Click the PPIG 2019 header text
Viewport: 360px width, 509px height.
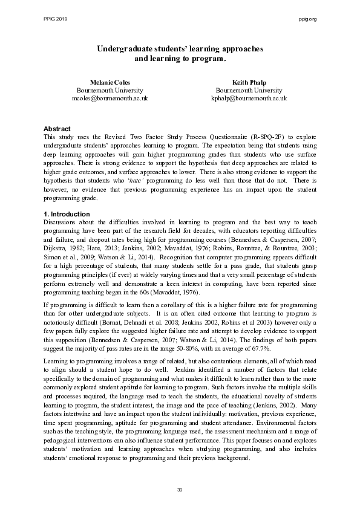[x=55, y=19]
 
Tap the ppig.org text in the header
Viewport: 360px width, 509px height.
[x=308, y=19]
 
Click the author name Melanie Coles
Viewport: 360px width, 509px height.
[x=110, y=82]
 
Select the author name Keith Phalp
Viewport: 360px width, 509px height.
[x=248, y=82]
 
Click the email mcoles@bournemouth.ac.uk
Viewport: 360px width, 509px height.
[x=110, y=97]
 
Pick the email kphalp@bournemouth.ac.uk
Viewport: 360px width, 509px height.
[x=248, y=97]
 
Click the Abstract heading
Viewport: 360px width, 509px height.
[x=57, y=129]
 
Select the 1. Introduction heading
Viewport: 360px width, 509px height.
[x=67, y=214]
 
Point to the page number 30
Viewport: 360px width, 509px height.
[x=180, y=489]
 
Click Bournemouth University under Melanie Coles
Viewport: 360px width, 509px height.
[x=110, y=89]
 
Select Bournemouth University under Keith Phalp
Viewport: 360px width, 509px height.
[x=248, y=89]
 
